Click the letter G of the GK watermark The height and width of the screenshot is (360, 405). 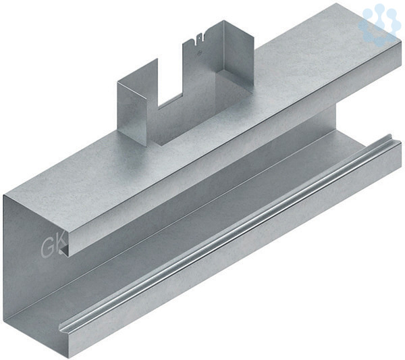[x=47, y=248]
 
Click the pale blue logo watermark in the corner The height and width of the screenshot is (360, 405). [x=378, y=23]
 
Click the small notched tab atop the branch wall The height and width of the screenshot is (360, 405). [x=198, y=39]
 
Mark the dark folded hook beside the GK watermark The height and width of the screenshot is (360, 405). [x=65, y=249]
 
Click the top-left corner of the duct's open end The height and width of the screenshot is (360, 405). [x=3, y=195]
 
